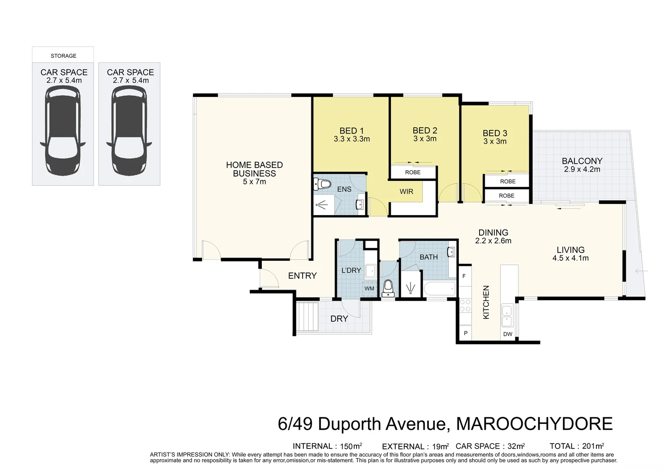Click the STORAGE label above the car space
click(x=63, y=56)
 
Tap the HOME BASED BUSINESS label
click(x=254, y=169)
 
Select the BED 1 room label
click(x=351, y=130)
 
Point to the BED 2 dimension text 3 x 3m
click(x=425, y=139)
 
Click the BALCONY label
click(x=582, y=161)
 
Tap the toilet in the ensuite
click(x=322, y=184)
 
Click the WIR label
click(x=406, y=191)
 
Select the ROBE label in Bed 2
click(x=413, y=172)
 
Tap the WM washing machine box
click(x=369, y=288)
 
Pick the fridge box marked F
click(x=464, y=276)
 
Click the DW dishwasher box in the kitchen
click(x=508, y=334)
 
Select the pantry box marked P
click(x=465, y=334)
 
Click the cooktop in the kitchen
click(x=465, y=306)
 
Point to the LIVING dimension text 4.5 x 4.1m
click(x=570, y=258)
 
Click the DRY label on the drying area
click(x=339, y=319)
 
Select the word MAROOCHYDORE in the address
click(x=534, y=424)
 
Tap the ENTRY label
click(x=302, y=276)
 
